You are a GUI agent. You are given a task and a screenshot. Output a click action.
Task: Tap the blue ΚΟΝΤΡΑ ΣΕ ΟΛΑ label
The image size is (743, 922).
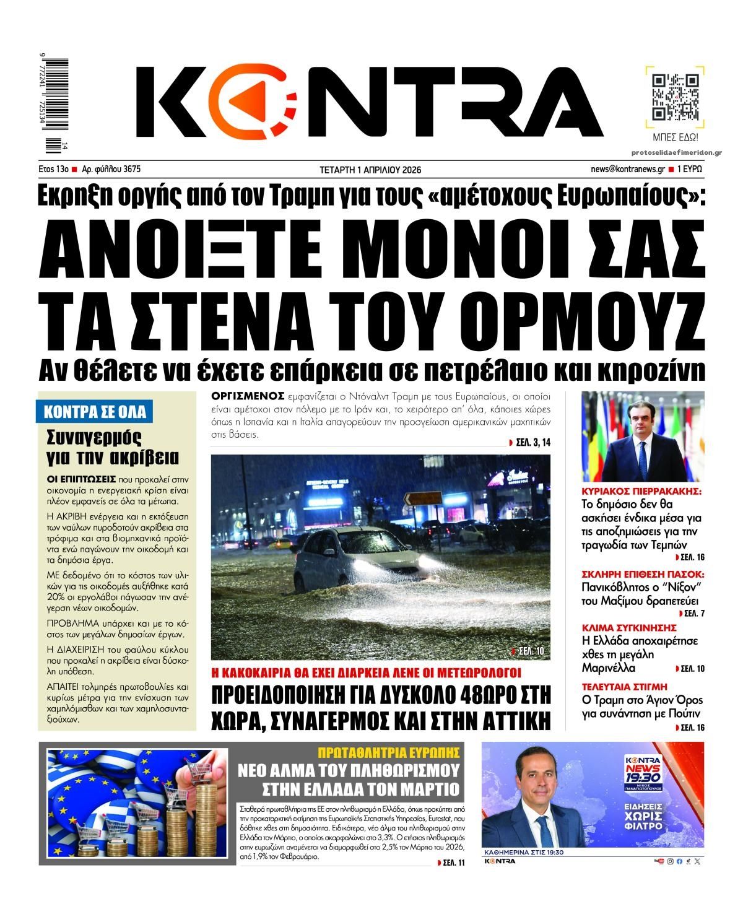pyautogui.click(x=95, y=412)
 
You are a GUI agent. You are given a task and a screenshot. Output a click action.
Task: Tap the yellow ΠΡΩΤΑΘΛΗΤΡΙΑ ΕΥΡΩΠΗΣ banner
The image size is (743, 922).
pyautogui.click(x=389, y=752)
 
